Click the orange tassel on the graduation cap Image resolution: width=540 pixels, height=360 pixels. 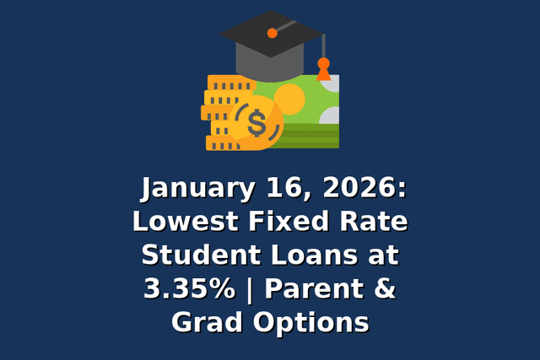[x=323, y=69]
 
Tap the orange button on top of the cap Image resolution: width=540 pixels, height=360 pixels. [x=272, y=34]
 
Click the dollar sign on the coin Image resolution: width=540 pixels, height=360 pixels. [x=256, y=124]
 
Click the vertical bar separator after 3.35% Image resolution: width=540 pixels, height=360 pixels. [x=251, y=289]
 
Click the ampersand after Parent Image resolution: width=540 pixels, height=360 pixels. [x=384, y=288]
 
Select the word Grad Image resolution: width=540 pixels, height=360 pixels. [x=202, y=321]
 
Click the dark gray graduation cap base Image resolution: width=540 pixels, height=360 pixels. [x=271, y=63]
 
